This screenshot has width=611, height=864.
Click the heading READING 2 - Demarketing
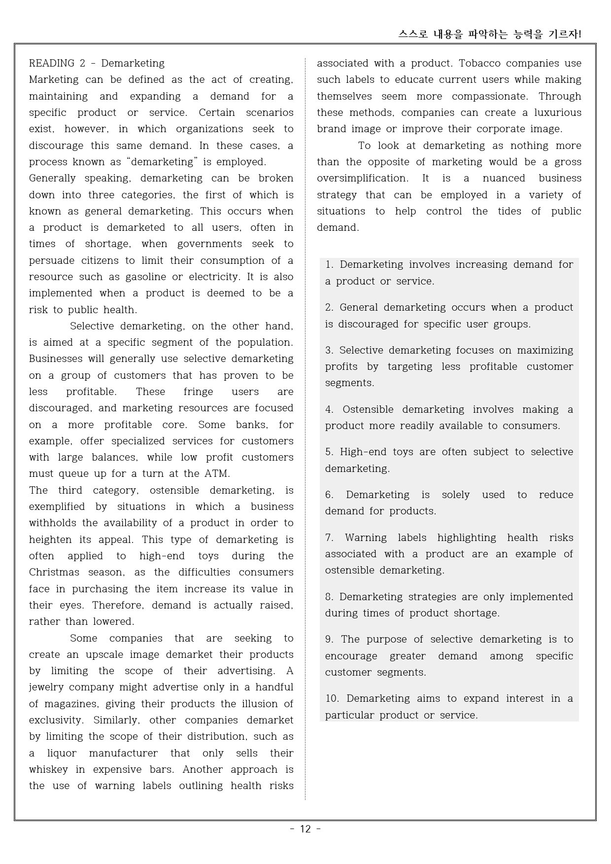click(x=97, y=63)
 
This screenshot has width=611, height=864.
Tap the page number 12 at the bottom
click(x=305, y=829)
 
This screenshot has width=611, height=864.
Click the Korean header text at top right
click(x=490, y=34)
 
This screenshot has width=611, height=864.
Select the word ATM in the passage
click(x=217, y=474)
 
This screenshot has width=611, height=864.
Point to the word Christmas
click(x=54, y=573)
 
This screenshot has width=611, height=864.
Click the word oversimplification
click(x=362, y=179)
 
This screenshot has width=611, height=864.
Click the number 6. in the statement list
click(x=329, y=495)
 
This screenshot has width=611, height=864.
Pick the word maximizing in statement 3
click(x=545, y=351)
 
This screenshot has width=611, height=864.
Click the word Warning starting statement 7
click(x=364, y=538)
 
